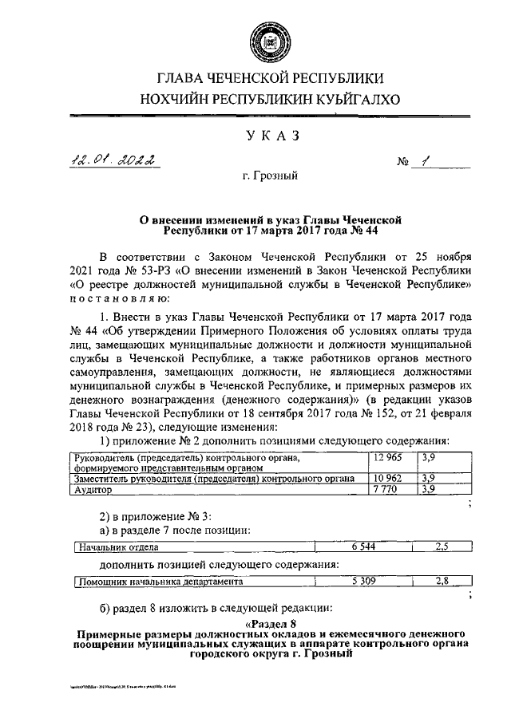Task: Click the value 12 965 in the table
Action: tap(388, 458)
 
